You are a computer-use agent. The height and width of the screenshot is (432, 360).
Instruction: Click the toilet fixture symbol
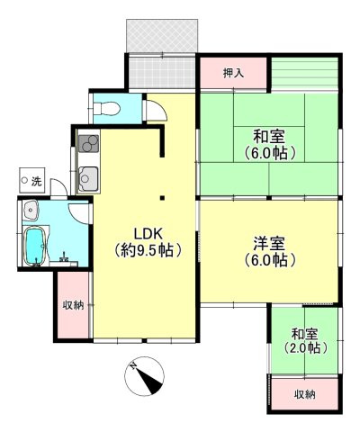(106, 108)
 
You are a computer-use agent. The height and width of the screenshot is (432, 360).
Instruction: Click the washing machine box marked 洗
(31, 181)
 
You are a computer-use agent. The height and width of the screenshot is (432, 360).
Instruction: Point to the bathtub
(34, 243)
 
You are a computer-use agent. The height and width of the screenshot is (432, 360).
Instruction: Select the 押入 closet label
(233, 71)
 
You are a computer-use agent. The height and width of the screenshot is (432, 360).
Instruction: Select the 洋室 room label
(268, 243)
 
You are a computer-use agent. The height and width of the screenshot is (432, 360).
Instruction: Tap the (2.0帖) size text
(302, 348)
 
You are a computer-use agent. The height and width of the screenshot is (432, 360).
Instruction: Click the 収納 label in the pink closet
(73, 305)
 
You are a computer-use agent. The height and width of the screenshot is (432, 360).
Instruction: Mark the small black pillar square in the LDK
(161, 197)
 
